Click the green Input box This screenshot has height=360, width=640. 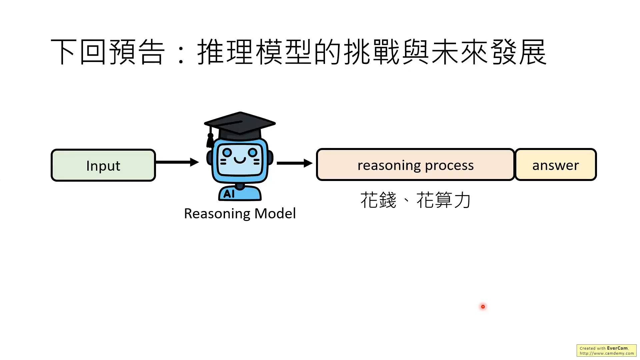[103, 165]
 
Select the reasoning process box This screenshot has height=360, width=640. [415, 165]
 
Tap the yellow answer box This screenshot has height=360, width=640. [555, 165]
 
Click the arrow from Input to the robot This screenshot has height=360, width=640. [177, 162]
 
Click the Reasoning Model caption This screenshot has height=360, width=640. [240, 214]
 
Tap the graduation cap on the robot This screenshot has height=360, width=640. [240, 125]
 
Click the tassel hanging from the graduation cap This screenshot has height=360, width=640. [210, 140]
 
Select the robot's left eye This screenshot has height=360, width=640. [227, 153]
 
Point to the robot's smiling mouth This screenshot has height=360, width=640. [240, 161]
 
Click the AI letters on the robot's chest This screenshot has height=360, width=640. [229, 194]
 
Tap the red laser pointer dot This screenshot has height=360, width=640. [483, 307]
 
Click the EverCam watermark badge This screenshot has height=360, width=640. [606, 351]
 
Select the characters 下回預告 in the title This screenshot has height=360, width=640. [108, 52]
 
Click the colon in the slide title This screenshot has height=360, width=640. [181, 53]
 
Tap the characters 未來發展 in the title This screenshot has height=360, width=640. [489, 52]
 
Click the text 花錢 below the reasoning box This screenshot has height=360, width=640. [378, 200]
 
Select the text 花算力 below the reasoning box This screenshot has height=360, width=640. [443, 200]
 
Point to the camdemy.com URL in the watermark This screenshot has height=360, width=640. [607, 353]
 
